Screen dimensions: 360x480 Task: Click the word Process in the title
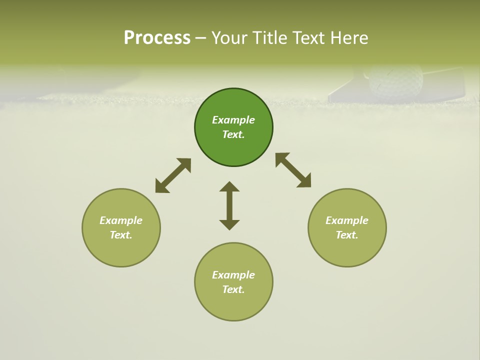tap(157, 38)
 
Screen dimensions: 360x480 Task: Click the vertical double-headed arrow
tap(229, 205)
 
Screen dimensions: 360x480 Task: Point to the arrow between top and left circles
tap(173, 175)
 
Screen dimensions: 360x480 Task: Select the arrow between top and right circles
tap(293, 170)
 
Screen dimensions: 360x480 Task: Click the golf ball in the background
tap(395, 81)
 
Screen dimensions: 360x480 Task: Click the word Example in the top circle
tap(233, 120)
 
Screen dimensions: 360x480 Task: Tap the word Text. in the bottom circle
tap(233, 289)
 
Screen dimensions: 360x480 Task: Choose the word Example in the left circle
tap(121, 220)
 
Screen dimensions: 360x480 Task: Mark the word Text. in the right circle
tap(347, 235)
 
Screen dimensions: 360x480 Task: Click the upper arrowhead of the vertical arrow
tap(229, 186)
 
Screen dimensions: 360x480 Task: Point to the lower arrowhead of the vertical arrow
tap(229, 224)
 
